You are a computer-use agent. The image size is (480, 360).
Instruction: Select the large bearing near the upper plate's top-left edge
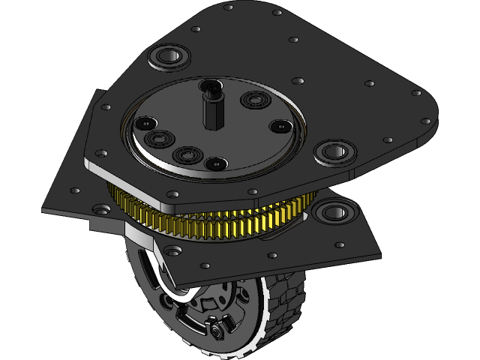(169, 57)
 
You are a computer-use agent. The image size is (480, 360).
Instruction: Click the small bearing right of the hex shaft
(256, 99)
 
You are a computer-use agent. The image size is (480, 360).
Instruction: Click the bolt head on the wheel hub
(218, 331)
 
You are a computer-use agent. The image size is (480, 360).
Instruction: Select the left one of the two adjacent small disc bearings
(159, 139)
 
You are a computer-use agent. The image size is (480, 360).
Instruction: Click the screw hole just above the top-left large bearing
(196, 29)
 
